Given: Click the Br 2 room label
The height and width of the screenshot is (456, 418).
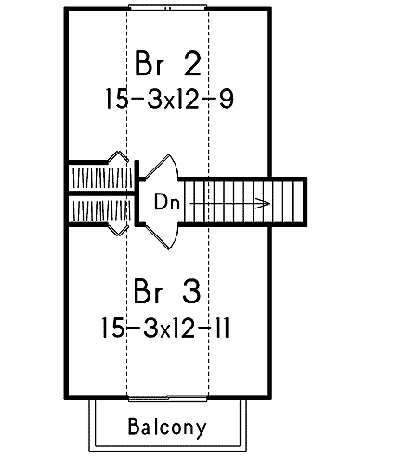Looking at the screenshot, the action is [x=168, y=63].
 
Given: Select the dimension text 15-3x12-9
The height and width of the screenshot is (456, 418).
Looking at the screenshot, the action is [x=169, y=99].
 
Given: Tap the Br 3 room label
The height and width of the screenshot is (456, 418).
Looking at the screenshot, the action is [x=167, y=291].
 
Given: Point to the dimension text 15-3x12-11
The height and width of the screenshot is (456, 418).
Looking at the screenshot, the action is [x=165, y=328].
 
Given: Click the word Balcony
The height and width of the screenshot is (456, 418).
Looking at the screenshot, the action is [x=167, y=427].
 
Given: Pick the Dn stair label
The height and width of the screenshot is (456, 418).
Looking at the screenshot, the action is [x=167, y=202].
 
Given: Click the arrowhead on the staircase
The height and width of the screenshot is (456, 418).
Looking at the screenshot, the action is [x=262, y=204].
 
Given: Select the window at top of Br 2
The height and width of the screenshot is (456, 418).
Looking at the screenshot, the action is [x=167, y=7].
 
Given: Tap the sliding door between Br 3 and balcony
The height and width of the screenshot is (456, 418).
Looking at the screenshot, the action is [x=167, y=398].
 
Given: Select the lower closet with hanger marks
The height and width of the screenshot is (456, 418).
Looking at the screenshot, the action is [x=101, y=210].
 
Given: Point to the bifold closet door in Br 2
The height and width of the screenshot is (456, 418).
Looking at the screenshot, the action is [x=118, y=156].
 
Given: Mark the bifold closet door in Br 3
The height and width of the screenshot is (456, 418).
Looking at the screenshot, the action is [x=118, y=230].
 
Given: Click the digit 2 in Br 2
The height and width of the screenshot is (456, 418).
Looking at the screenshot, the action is [x=192, y=63].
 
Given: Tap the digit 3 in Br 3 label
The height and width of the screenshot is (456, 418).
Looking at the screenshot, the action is [x=191, y=291].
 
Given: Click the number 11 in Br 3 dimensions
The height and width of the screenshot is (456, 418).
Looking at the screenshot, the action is [x=222, y=328].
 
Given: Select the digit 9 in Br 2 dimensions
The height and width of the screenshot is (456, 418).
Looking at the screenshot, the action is [x=227, y=99].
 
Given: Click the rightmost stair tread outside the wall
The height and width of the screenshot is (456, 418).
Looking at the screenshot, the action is [x=298, y=202].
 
